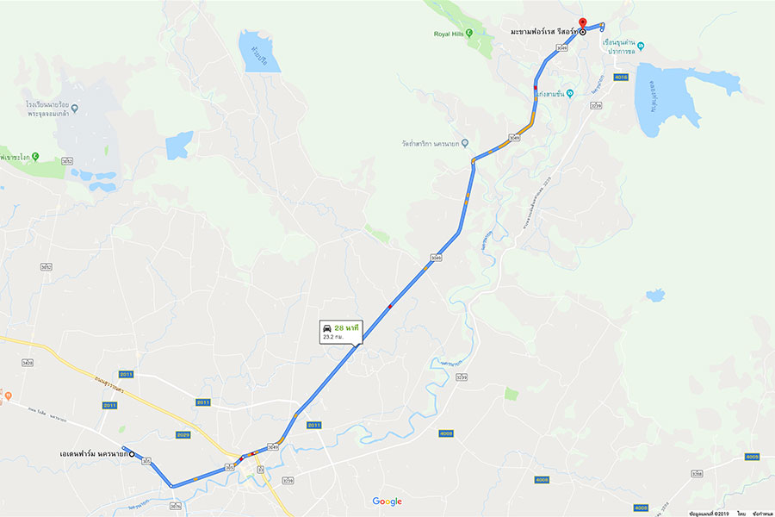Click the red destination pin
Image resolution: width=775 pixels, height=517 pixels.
[582, 23]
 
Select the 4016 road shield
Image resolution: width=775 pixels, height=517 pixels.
[621, 77]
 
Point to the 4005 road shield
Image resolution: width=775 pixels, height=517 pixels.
[753, 456]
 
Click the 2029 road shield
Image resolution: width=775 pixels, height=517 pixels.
[183, 434]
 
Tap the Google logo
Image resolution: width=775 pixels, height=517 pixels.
[387, 501]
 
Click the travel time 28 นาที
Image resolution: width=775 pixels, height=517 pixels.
[347, 327]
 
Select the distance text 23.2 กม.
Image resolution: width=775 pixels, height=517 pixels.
[332, 337]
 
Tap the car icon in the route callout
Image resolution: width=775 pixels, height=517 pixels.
[327, 327]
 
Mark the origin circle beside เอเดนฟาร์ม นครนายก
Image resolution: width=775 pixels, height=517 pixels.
[132, 454]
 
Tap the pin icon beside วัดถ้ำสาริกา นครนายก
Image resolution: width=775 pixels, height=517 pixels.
[465, 143]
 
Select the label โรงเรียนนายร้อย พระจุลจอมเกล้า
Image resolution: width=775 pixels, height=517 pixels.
[46, 109]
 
